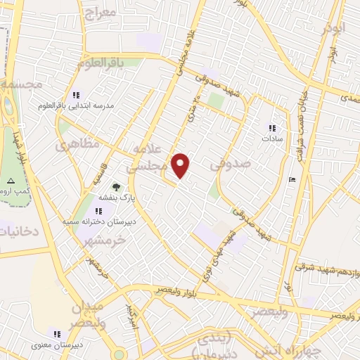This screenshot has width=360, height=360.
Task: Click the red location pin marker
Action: (x=181, y=165)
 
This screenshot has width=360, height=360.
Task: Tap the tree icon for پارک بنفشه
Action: (x=117, y=187)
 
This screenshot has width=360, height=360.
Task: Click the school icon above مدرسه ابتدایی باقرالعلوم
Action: (x=77, y=95)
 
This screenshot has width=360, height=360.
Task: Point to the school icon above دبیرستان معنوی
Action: (x=57, y=333)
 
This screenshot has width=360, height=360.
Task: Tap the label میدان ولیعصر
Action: (x=87, y=314)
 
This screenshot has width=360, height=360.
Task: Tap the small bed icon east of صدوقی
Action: (x=292, y=180)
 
